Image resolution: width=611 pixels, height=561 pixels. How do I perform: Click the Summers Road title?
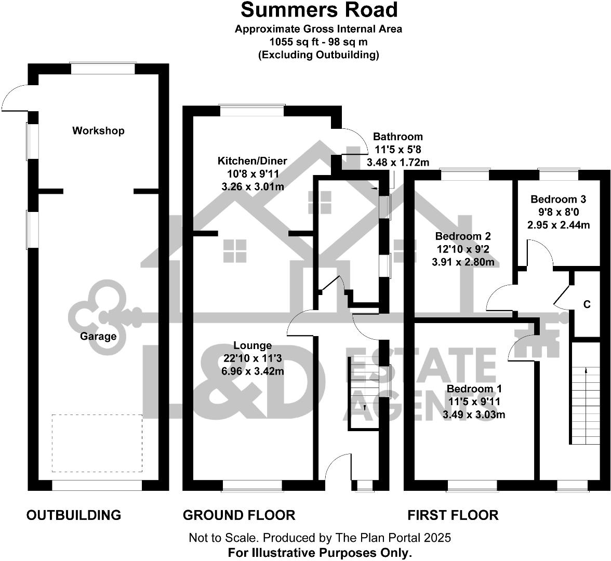[x=318, y=10]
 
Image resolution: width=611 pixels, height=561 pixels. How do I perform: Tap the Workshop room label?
[x=98, y=130]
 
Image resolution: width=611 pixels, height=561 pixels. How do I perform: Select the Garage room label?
[x=98, y=336]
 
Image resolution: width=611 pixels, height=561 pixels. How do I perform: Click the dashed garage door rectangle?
[x=97, y=443]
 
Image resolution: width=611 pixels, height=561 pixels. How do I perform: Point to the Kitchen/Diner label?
[x=252, y=161]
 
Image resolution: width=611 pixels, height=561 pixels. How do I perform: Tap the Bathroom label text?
[x=398, y=137]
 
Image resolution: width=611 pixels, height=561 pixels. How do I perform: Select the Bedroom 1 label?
[x=474, y=389]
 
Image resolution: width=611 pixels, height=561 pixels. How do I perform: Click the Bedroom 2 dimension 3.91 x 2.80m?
[x=463, y=262]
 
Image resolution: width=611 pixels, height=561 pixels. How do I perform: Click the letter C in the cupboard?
[x=587, y=304]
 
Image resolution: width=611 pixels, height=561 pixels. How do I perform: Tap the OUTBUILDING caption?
[x=74, y=515]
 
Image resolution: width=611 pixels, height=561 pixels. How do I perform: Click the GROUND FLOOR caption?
[x=239, y=515]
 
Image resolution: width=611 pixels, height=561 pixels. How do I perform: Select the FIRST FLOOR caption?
[x=453, y=515]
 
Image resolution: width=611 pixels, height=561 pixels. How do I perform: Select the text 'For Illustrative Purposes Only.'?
[x=320, y=552]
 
